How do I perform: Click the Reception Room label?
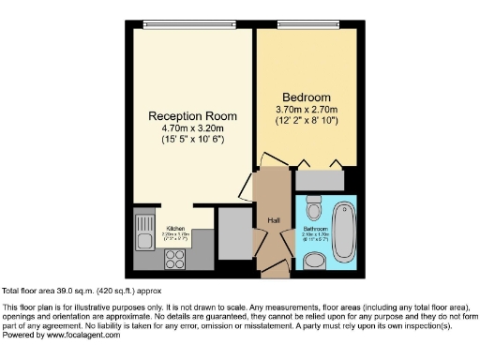191,116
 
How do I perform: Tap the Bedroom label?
307,97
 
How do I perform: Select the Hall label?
274,219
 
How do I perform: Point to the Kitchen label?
176,229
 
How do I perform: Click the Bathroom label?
314,228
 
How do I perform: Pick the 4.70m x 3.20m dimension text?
191,128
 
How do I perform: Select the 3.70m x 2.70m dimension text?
307,110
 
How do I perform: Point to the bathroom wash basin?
314,262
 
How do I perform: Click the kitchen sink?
145,231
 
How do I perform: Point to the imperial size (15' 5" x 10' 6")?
191,140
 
